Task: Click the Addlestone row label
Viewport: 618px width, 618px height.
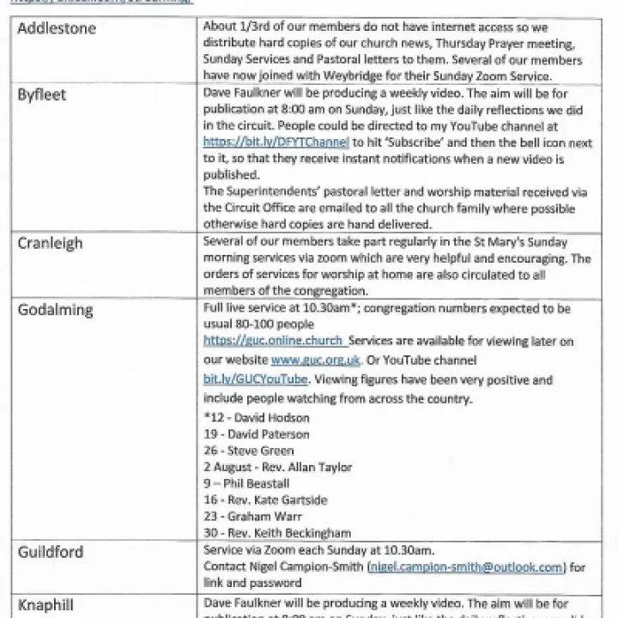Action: coord(58,29)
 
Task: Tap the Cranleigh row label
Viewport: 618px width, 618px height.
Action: coord(51,244)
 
